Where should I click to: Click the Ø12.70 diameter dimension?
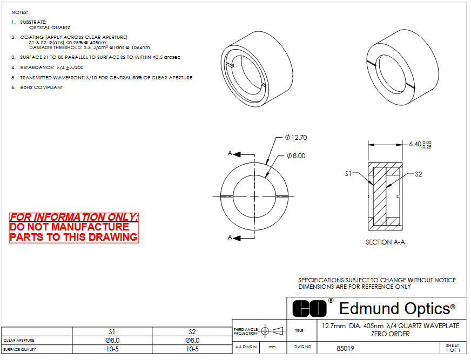tap(296, 138)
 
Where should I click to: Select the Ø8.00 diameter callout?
tap(296, 156)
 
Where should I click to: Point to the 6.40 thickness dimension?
tap(420, 144)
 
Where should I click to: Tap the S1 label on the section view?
tap(348, 174)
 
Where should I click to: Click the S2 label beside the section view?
tap(419, 174)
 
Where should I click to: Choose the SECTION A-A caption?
tap(385, 242)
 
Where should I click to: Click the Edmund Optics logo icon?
tap(309, 308)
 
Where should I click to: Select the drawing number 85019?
tap(345, 349)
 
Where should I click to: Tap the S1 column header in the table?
tap(112, 332)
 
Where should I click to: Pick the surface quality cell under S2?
tap(192, 349)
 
